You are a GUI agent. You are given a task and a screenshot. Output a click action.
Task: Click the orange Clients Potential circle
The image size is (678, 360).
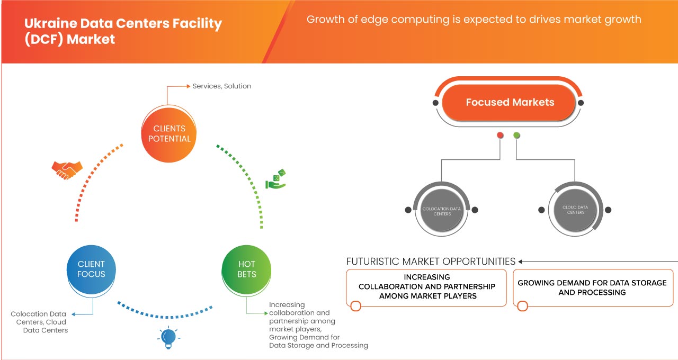coord(169,133)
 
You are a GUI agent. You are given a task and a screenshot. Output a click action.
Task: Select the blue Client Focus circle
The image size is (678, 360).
coord(91,269)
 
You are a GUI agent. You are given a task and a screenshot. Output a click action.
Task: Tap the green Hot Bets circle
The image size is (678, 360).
coord(246,269)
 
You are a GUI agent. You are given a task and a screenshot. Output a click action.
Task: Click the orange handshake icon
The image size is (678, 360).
coord(67,169)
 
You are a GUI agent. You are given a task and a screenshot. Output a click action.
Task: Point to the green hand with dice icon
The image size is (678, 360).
coord(276,179)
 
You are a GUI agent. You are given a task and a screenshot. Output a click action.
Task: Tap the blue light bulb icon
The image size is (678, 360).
coord(168,338)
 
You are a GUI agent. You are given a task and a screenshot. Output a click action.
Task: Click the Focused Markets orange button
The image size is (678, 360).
coord(509,102)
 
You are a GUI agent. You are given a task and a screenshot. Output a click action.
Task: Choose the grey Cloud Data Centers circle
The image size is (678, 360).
coord(575,210)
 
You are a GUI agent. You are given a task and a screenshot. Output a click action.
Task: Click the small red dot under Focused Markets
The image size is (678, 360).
coord(500,136)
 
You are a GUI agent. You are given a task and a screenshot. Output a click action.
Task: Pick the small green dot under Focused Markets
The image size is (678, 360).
coord(517,136)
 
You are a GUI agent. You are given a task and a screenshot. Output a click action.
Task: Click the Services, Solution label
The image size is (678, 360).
coord(221,86)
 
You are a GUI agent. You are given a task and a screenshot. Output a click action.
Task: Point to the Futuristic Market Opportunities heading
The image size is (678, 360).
coord(431,262)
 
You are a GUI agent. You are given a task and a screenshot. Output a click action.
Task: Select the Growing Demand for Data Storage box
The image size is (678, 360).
coord(592,287)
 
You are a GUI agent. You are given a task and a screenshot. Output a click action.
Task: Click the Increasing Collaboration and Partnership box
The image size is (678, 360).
coord(426,286)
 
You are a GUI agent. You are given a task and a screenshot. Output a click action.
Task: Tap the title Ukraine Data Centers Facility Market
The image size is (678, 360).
coord(123,31)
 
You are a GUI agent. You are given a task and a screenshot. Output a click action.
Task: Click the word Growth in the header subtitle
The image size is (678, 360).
coord(325,20)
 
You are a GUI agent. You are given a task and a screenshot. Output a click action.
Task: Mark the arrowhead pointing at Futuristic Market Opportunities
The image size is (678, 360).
coord(521,262)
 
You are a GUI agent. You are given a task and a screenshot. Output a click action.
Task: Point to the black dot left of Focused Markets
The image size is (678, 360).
coord(435,103)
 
